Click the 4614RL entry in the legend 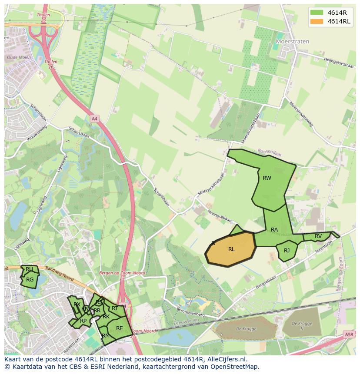pos(339,22)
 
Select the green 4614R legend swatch pos(317,12)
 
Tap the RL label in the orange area pos(231,249)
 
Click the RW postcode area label pos(267,178)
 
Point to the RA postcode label pos(274,230)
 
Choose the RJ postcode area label pos(287,251)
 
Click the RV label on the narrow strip pos(318,236)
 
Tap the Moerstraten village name pos(293,42)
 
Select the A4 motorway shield pos(94,118)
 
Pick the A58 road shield pos(349,334)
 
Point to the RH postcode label pos(29,269)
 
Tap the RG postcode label pos(30,280)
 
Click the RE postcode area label pos(119,328)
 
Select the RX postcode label pos(77,304)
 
